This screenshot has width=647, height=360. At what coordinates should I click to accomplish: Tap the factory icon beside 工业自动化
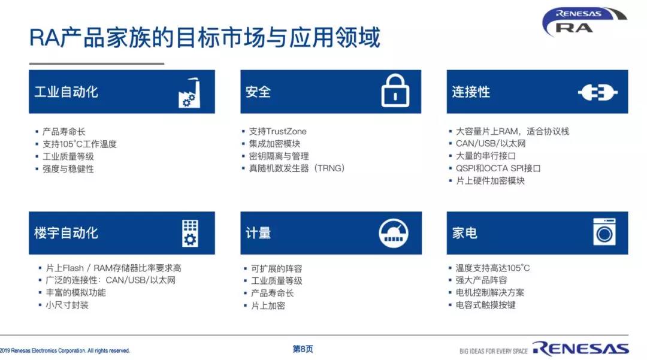tap(189, 93)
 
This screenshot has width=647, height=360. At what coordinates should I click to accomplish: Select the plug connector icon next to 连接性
tap(597, 92)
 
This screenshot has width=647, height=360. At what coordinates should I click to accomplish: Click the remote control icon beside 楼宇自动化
tap(190, 234)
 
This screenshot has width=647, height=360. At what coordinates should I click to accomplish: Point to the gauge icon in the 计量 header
tap(393, 233)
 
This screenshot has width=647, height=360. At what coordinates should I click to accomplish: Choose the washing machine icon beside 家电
tap(604, 232)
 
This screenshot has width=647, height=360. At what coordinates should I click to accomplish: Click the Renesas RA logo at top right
tap(583, 22)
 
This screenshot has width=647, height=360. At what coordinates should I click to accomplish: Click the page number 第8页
tap(303, 349)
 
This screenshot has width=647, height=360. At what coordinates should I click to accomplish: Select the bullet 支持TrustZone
tap(278, 132)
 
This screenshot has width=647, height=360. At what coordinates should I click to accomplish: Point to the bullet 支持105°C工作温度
tap(80, 144)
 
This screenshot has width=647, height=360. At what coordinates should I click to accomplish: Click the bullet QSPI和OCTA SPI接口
tap(498, 168)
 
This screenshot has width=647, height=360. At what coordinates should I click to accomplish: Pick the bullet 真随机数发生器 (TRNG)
tap(297, 168)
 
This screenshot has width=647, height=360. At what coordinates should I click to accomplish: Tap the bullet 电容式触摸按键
tap(486, 305)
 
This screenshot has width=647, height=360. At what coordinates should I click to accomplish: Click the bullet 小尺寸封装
tap(67, 305)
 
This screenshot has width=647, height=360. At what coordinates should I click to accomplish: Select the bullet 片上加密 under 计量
tap(268, 305)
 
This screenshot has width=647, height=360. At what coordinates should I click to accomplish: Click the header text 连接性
tap(471, 92)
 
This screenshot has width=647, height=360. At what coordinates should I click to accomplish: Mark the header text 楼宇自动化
tap(66, 233)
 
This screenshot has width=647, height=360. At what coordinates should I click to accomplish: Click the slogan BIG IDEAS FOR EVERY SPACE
tap(494, 351)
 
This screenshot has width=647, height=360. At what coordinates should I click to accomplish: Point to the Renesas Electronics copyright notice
tap(65, 350)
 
